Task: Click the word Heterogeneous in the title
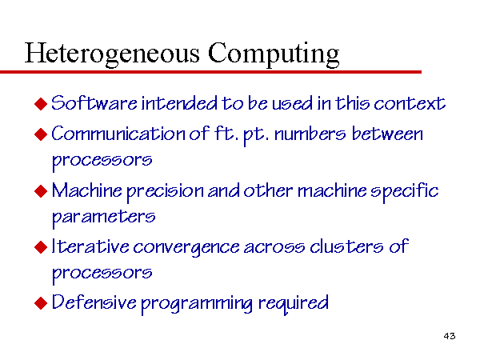(x=112, y=54)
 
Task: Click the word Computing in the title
(x=274, y=54)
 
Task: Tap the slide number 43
(x=450, y=336)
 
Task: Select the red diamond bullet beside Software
(x=41, y=104)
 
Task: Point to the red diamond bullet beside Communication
(x=41, y=134)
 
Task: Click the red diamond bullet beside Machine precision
(x=41, y=191)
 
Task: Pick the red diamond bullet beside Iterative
(x=41, y=247)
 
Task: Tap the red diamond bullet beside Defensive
(x=41, y=303)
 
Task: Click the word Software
(x=94, y=103)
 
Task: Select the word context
(x=410, y=103)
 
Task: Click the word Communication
(x=118, y=134)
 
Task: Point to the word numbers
(x=310, y=134)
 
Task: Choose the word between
(x=387, y=134)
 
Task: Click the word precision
(x=166, y=192)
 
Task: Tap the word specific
(x=404, y=192)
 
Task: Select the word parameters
(x=103, y=218)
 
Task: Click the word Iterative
(x=90, y=246)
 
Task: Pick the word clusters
(x=346, y=246)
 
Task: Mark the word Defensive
(x=94, y=302)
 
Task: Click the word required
(x=294, y=303)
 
